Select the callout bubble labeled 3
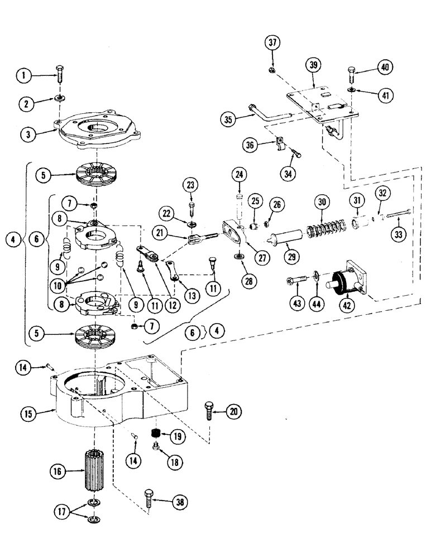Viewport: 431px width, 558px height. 27,134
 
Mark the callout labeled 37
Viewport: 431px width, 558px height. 273,43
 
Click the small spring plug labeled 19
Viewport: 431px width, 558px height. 157,434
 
